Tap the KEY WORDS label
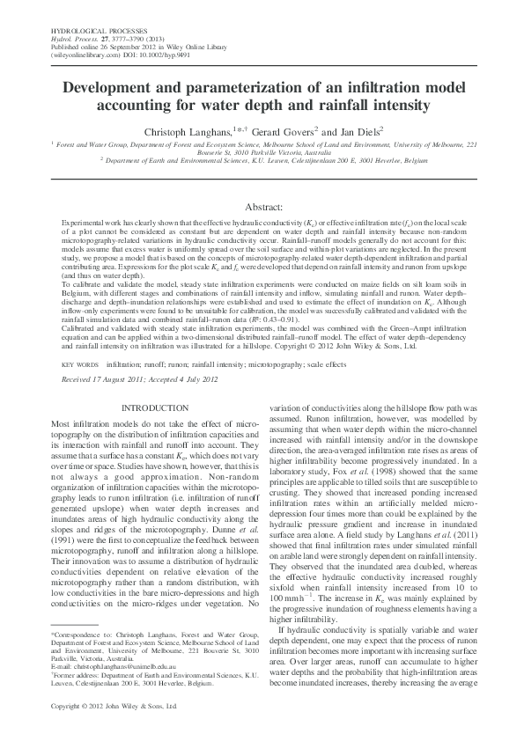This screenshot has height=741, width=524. click(x=79, y=363)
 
